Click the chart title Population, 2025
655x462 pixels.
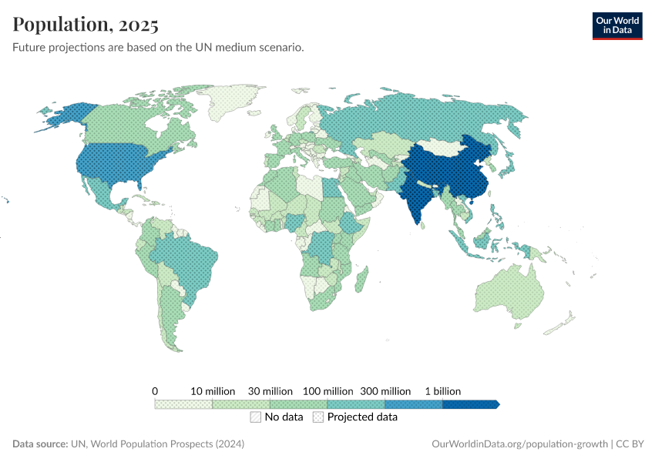point(86,25)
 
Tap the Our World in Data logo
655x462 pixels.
point(616,25)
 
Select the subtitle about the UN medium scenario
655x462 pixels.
point(158,48)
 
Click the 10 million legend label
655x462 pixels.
point(212,391)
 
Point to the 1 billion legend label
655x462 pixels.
point(442,391)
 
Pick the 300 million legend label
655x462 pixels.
point(385,391)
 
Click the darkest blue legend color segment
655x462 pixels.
point(470,403)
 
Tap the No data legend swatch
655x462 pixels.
point(255,417)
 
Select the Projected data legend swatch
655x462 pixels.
point(318,417)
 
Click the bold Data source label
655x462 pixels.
point(40,444)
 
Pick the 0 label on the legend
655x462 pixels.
point(155,391)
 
